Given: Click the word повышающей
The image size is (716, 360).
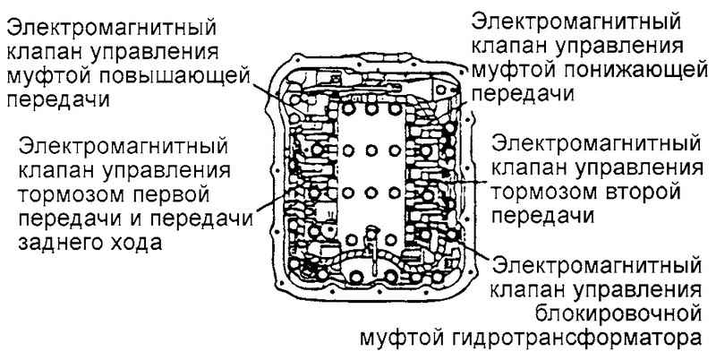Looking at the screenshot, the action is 175,77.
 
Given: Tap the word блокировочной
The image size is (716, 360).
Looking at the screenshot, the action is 618,314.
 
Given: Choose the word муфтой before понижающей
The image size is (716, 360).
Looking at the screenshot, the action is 513,71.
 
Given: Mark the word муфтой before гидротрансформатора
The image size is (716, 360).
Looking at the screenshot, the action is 404,339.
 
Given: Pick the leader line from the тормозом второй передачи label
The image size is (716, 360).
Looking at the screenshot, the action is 468,181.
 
